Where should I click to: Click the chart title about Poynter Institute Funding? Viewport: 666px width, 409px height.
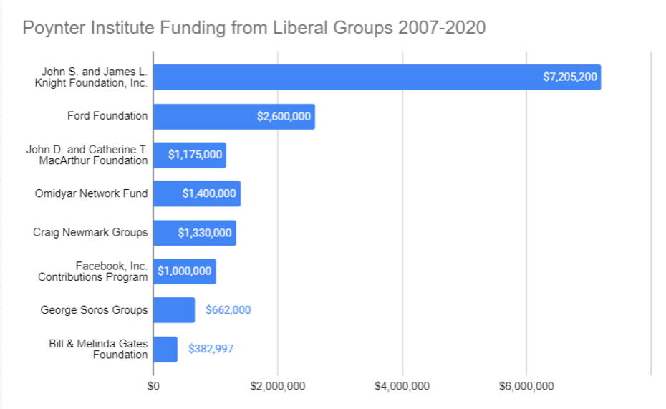tap(254, 28)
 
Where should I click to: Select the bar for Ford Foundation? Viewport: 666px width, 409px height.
tap(233, 116)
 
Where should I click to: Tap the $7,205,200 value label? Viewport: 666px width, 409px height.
tap(570, 77)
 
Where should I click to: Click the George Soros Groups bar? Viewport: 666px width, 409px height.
tap(173, 310)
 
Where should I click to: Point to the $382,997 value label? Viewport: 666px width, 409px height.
tap(211, 349)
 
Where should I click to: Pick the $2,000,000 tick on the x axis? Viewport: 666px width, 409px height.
tap(278, 386)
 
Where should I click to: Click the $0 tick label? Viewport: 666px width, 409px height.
tap(153, 386)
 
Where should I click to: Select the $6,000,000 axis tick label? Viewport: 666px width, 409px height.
tap(526, 386)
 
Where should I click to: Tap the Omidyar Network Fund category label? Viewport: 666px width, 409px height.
tap(91, 193)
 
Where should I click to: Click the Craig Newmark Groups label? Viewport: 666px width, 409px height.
tap(90, 232)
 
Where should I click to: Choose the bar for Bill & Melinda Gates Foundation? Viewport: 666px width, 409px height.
tap(165, 349)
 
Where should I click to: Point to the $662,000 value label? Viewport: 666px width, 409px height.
tap(228, 310)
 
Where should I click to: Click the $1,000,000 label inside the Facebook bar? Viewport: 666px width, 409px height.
tap(185, 271)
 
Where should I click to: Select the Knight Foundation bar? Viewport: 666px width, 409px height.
tap(377, 77)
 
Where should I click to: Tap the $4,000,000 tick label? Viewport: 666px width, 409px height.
tap(402, 386)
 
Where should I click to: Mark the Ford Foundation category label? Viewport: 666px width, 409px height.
tap(107, 116)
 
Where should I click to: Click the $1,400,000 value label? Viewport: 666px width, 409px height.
tap(209, 193)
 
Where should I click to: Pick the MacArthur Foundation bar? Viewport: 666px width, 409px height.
tap(189, 155)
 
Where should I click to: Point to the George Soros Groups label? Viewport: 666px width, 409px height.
tap(95, 310)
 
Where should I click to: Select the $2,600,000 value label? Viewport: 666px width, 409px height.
tap(284, 116)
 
